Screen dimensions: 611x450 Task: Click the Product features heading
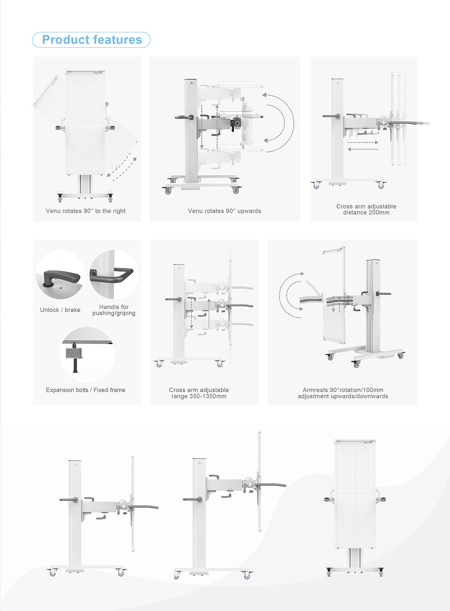92,40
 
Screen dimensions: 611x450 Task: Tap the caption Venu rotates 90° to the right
85,211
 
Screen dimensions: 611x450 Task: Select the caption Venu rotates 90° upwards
224,211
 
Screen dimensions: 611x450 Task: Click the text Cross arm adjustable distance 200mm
366,209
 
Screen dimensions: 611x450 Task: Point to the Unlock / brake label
60,310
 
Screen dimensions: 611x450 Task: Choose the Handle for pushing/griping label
114,310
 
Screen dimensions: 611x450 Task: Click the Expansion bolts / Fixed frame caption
85,390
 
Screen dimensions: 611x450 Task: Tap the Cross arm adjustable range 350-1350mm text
199,393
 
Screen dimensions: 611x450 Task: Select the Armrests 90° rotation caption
343,393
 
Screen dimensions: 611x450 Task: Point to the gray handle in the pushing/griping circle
112,275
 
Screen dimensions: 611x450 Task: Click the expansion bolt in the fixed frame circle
75,360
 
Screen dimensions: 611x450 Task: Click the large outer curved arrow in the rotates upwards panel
290,122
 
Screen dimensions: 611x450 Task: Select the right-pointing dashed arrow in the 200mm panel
363,142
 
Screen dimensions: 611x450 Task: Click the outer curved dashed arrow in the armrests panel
282,295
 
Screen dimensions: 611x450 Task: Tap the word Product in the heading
63,40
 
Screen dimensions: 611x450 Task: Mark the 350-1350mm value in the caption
199,396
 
